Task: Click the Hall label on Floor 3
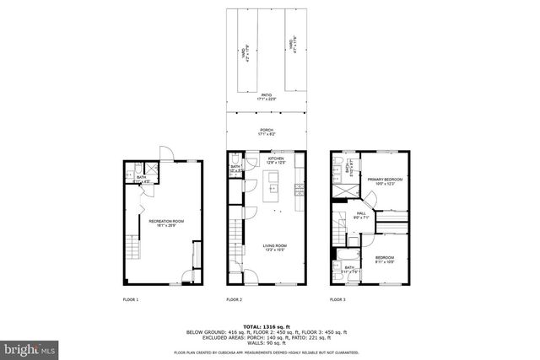tap(359, 216)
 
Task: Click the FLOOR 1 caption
tap(132, 299)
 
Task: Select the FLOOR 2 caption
tap(234, 299)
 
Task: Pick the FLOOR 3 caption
tap(337, 299)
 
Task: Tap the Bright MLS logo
tap(29, 347)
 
